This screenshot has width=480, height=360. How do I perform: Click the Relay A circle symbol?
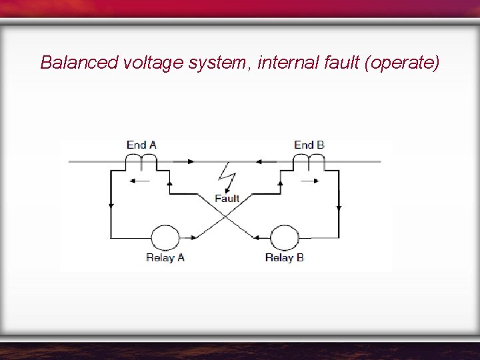click(x=165, y=237)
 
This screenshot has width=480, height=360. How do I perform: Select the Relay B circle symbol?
click(x=284, y=237)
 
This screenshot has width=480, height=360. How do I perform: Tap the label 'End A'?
click(x=141, y=145)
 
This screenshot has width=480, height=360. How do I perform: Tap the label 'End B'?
click(x=309, y=145)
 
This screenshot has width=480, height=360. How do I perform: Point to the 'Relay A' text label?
click(x=165, y=258)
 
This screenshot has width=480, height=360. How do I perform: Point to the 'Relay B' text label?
click(x=284, y=258)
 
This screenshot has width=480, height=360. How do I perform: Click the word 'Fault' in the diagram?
click(x=227, y=199)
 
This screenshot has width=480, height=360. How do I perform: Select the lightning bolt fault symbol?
click(x=228, y=179)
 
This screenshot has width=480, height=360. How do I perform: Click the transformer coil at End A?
click(x=141, y=162)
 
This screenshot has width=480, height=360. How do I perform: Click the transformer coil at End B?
click(x=309, y=162)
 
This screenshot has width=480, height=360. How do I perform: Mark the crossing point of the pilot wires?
click(x=225, y=215)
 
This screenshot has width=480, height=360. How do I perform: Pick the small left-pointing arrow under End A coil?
click(x=139, y=180)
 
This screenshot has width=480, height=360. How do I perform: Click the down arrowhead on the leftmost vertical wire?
click(x=111, y=206)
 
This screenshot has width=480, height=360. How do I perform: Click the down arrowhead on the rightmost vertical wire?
click(x=339, y=207)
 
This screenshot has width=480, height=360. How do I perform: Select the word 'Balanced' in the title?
click(x=79, y=63)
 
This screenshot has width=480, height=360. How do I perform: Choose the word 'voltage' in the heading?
click(x=153, y=63)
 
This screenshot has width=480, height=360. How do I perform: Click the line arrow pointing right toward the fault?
click(x=191, y=161)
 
